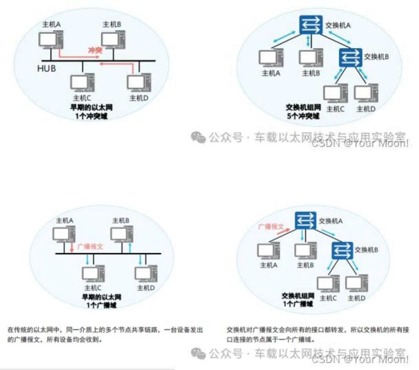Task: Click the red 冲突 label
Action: (95, 49)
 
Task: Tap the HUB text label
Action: (47, 69)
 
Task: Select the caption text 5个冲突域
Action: (303, 116)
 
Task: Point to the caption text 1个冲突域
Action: (92, 116)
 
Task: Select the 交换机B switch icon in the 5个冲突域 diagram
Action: (350, 57)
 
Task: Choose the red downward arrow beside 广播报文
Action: (72, 247)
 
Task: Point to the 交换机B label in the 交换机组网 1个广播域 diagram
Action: (366, 250)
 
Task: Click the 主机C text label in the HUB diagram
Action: (82, 98)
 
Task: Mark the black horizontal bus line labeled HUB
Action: (99, 61)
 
